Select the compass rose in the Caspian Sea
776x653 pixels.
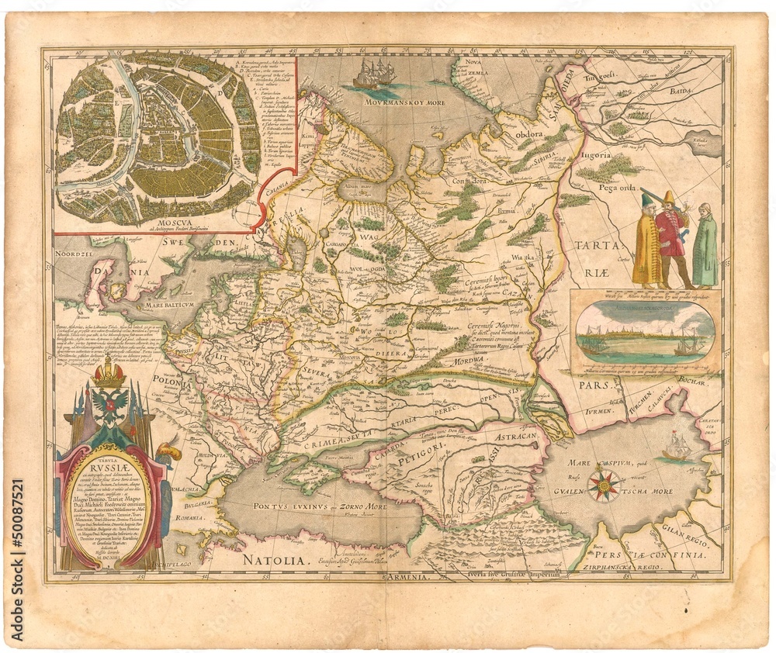click(x=603, y=485)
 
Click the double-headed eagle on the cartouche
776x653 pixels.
click(x=109, y=406)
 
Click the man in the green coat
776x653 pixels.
click(x=704, y=246)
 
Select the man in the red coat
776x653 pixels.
click(x=671, y=237)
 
